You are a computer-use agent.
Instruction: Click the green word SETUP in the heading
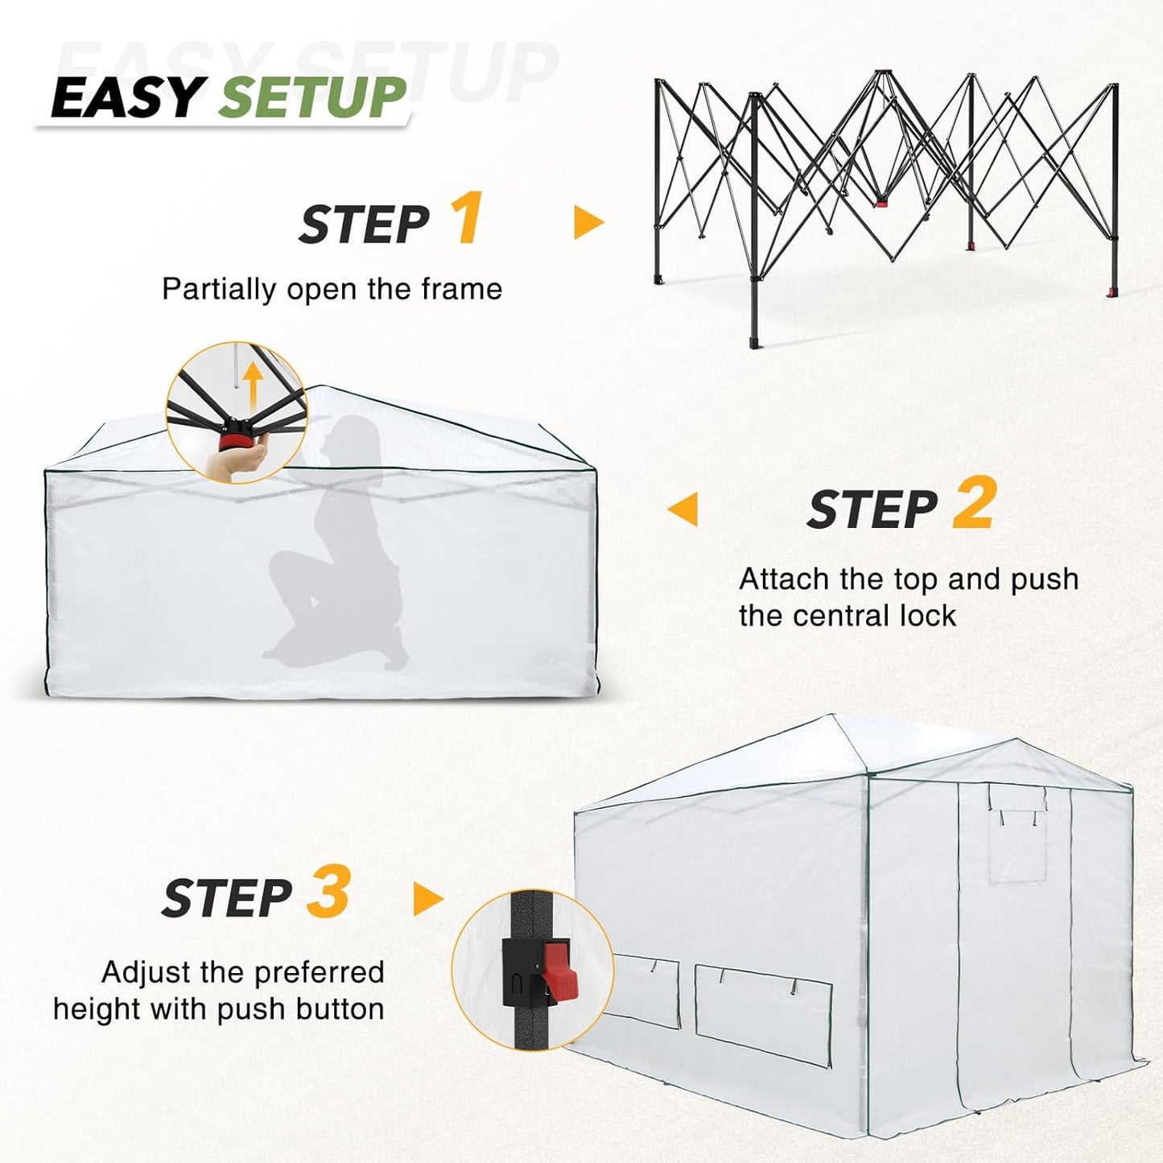coord(312,98)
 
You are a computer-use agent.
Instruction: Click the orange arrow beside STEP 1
coord(588,222)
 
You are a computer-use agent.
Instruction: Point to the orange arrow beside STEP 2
coord(683,509)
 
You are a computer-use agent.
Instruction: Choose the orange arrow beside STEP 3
coord(427,899)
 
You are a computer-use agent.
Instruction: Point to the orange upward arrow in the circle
coord(254,384)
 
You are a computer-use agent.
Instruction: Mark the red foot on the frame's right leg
coord(1113,291)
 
